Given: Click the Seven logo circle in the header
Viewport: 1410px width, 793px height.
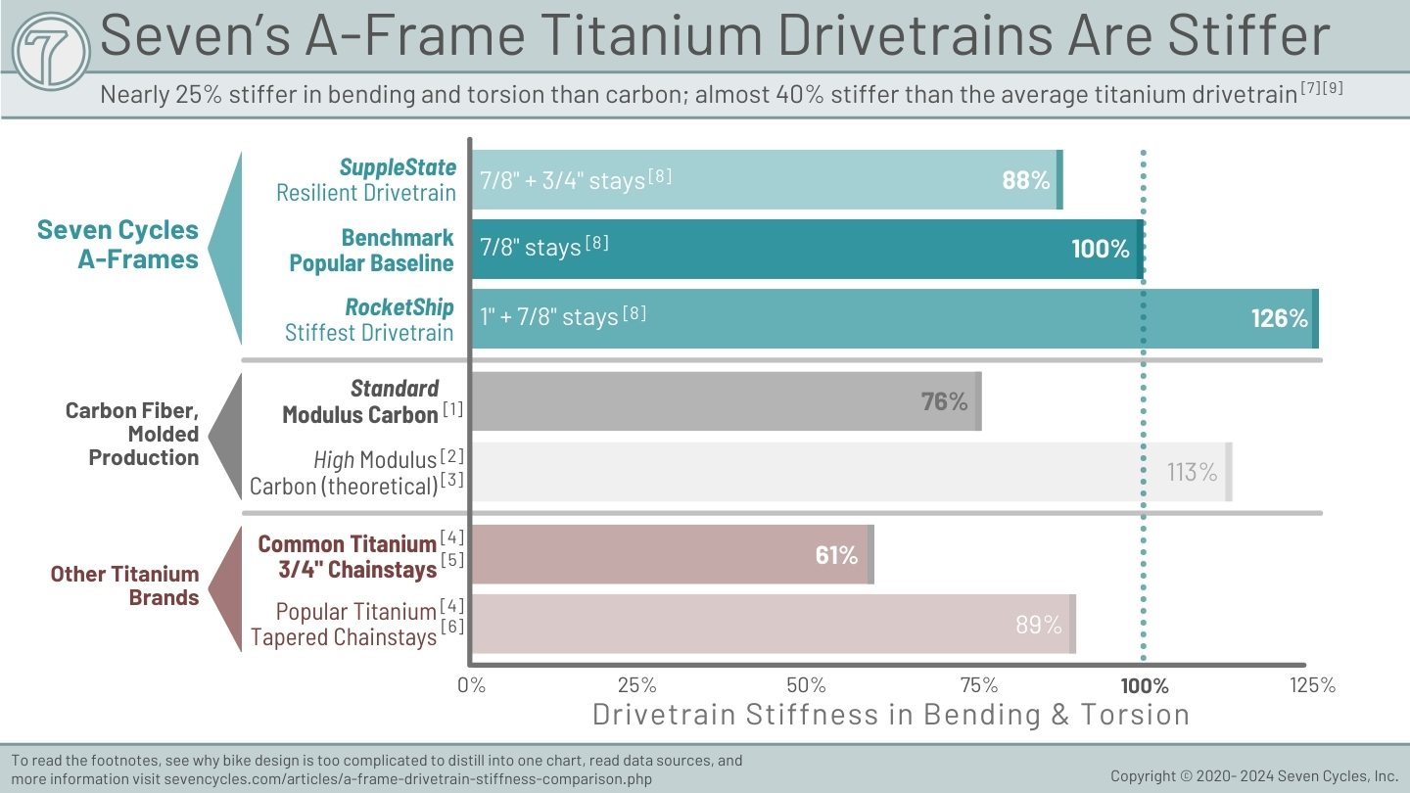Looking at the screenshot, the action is point(51,52).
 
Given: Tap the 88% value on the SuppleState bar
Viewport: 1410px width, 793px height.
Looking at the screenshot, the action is point(1026,180).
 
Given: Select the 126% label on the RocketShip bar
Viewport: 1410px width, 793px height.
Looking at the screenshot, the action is point(1280,318).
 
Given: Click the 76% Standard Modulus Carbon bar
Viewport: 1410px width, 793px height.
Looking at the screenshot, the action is point(727,401).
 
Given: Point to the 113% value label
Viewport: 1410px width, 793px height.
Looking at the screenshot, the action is point(1192,472).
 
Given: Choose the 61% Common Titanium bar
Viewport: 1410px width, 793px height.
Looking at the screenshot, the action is point(673,554).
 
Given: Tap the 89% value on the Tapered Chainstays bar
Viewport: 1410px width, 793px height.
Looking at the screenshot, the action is point(1039,625).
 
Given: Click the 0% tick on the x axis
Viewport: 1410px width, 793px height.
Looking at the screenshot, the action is point(472,684).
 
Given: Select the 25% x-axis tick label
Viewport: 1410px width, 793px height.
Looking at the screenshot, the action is point(637,684).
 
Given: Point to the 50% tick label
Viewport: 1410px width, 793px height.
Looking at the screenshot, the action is point(807,684).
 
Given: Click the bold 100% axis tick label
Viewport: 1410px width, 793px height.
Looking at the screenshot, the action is point(1145,685).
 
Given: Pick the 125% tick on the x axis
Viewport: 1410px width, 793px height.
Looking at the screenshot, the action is point(1312,684).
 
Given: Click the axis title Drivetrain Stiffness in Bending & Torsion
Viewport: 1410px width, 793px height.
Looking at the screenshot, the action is point(891,715).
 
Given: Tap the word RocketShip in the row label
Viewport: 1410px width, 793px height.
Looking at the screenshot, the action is point(399,307).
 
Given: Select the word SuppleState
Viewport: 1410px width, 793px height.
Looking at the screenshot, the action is point(398,167).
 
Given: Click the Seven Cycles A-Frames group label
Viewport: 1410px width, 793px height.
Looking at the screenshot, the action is point(117,244).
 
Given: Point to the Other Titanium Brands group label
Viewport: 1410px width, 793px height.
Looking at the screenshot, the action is point(124,585).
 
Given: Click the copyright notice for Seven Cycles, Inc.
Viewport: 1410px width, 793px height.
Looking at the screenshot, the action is point(1254,776).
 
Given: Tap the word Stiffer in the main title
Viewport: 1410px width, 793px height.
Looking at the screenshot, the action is point(1248,35).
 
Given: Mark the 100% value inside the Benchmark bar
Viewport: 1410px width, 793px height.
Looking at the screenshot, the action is point(1101,250).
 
